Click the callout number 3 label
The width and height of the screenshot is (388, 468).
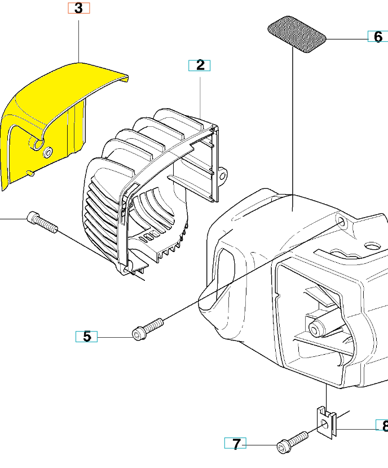coord(79,8)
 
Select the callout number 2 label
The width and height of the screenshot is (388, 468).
coord(200,65)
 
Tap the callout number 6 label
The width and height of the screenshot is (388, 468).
coord(378,37)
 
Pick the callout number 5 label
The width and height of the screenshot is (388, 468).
coord(86,337)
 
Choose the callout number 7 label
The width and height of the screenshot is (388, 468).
coord(236,443)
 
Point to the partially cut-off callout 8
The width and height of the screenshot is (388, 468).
coord(382,425)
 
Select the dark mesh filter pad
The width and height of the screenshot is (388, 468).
coord(297,34)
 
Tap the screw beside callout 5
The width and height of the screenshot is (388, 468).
coord(148,329)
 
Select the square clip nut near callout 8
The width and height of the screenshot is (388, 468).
coord(326,423)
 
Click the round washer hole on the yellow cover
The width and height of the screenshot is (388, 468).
coord(47,152)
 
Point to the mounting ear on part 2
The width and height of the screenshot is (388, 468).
coord(223,175)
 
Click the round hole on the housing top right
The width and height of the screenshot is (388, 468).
coord(373,246)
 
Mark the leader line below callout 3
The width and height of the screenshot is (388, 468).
coord(79,42)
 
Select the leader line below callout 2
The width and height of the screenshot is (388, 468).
coord(200,98)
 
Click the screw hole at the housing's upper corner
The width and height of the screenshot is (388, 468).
coord(341,222)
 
